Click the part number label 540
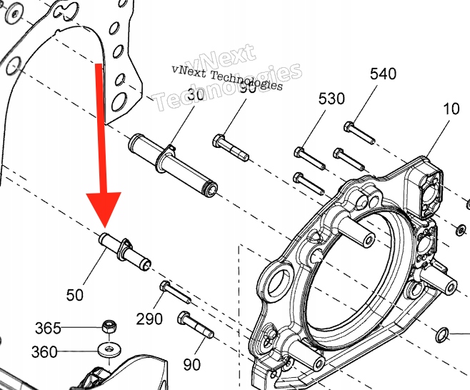383,74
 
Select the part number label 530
331,98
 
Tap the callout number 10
451,109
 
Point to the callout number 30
194,94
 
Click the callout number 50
75,294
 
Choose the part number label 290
149,319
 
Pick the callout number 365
48,328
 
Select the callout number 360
44,351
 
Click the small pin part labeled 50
124,252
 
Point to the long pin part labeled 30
174,165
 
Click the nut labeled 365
110,326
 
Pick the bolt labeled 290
174,291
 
